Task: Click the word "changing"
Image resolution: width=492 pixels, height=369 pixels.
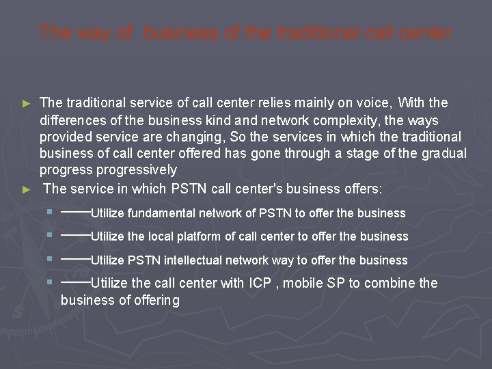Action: coord(200,137)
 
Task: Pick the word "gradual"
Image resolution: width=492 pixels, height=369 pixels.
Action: coord(444,153)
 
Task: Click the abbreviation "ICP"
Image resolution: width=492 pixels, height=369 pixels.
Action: coord(260,283)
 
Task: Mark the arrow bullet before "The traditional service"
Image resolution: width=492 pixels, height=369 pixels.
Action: coord(27,104)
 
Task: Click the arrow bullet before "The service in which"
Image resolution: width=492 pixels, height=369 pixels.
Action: coord(27,189)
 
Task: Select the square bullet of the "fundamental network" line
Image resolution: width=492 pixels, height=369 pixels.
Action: coord(51,212)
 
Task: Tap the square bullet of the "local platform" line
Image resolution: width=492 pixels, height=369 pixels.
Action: coord(51,235)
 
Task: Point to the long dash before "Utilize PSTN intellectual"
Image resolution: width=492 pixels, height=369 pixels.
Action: coord(75,260)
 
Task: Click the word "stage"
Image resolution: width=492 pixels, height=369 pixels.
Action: coord(357,153)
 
